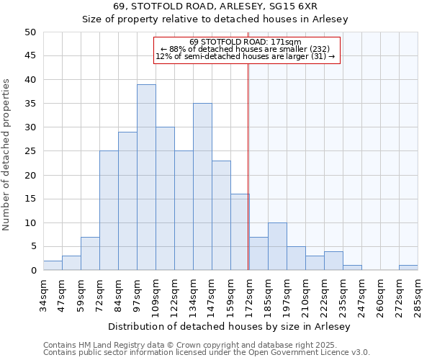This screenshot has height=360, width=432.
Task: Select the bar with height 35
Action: pos(202,186)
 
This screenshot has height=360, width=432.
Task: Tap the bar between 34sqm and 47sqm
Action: pos(53,266)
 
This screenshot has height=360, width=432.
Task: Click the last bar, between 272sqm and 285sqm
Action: pos(408,268)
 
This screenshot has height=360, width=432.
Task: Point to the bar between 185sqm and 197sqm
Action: pos(277,246)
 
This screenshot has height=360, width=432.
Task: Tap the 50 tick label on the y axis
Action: pos(30,32)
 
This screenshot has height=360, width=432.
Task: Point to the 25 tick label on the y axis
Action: pos(30,151)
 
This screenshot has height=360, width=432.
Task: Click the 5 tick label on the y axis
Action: pos(33,247)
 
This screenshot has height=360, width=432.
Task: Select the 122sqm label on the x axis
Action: pos(174,294)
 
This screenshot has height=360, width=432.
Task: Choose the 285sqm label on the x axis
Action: pos(418,294)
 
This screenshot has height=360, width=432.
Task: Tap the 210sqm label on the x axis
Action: pos(305,294)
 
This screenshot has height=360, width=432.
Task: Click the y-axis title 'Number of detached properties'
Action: pos(6,155)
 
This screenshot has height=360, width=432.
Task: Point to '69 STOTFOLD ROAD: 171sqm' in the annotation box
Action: pos(246,42)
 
